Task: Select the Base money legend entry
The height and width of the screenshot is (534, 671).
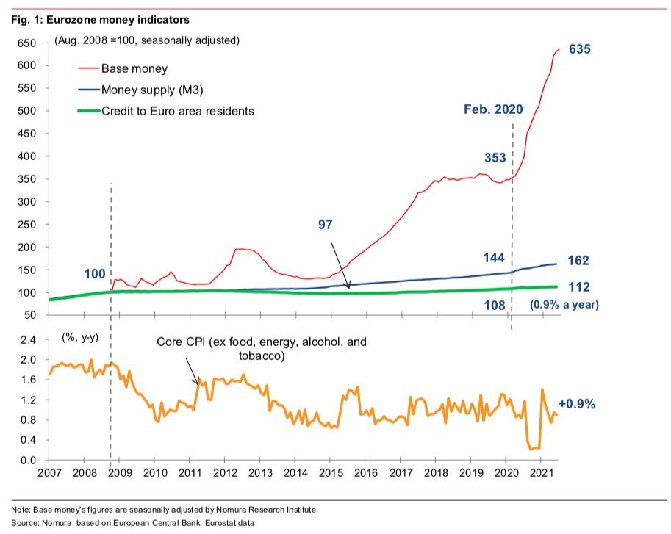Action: (x=134, y=69)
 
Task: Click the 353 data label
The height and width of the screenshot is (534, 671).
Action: (x=496, y=157)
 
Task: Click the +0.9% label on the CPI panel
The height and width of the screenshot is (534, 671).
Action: (x=577, y=403)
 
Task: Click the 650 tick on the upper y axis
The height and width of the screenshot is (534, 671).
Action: (x=27, y=43)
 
